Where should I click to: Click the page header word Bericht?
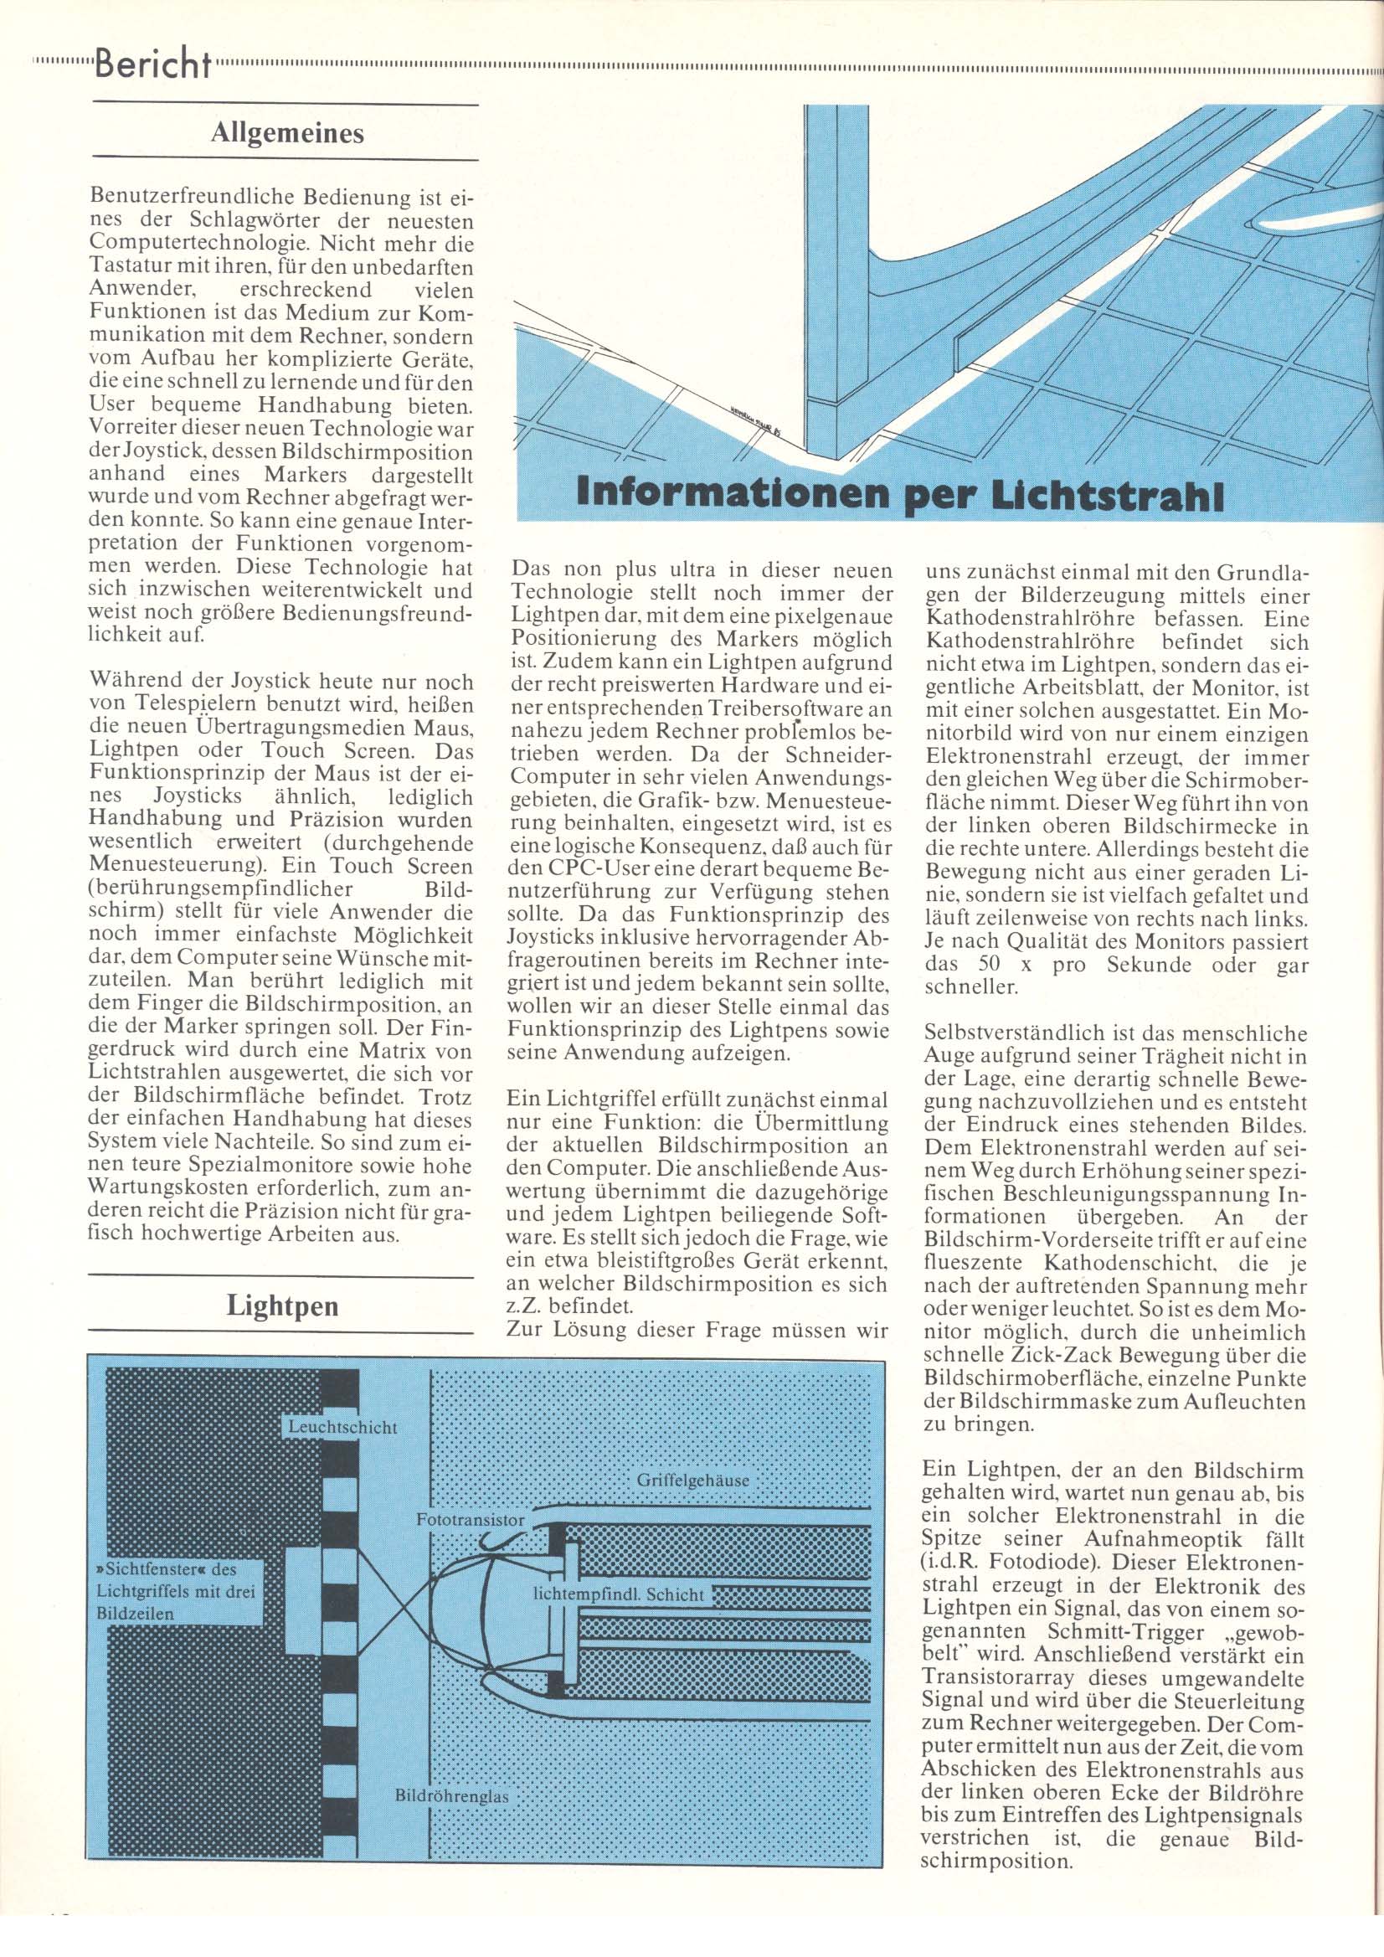154,63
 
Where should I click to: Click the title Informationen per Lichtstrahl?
899,495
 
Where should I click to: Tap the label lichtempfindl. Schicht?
619,1594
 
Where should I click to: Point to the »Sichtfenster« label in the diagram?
177,1591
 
